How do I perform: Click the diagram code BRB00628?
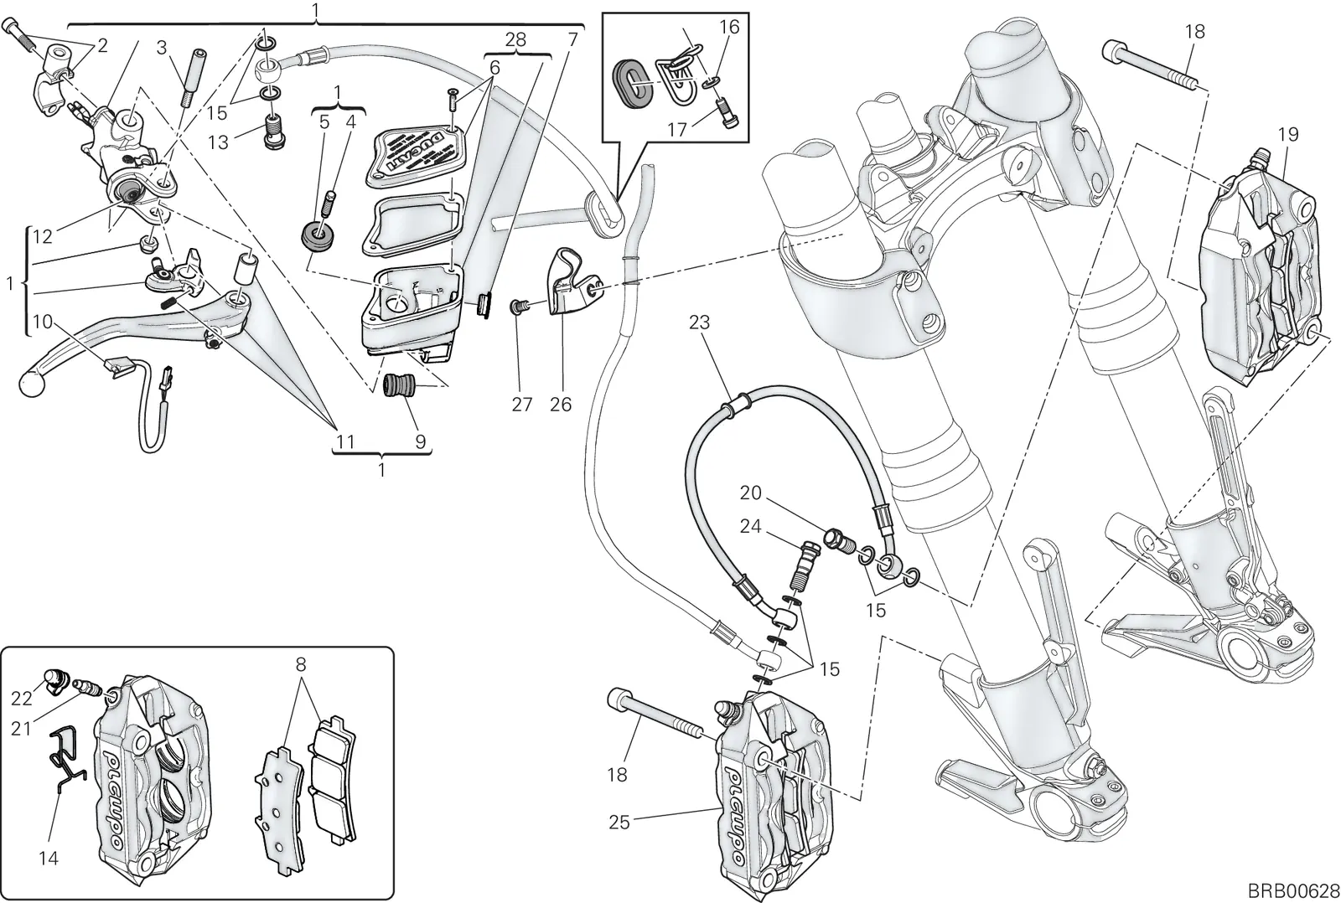tap(1293, 890)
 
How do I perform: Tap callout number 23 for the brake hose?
tap(699, 322)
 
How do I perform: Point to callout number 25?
tap(619, 823)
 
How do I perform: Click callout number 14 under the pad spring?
tap(49, 858)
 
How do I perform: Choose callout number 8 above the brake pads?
tap(301, 664)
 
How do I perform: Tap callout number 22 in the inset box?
tap(21, 698)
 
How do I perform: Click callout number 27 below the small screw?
tap(521, 405)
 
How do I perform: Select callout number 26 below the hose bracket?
tap(561, 405)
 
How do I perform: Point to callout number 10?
tap(43, 322)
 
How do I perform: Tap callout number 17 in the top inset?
tap(677, 130)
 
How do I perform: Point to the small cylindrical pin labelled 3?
tap(193, 78)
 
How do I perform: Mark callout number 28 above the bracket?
tap(515, 39)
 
